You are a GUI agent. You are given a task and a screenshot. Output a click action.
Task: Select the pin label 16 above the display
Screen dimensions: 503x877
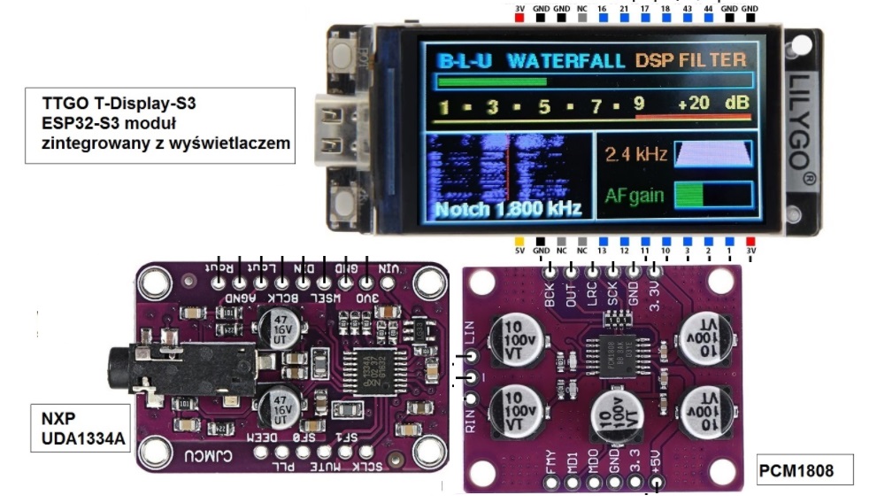click(x=602, y=7)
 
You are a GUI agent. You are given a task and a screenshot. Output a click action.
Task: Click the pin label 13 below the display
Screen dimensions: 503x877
click(x=602, y=252)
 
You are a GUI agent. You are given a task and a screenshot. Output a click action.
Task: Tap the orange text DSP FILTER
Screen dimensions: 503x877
click(x=690, y=61)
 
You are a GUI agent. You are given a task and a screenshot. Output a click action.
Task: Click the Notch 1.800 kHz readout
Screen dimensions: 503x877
click(x=507, y=209)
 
